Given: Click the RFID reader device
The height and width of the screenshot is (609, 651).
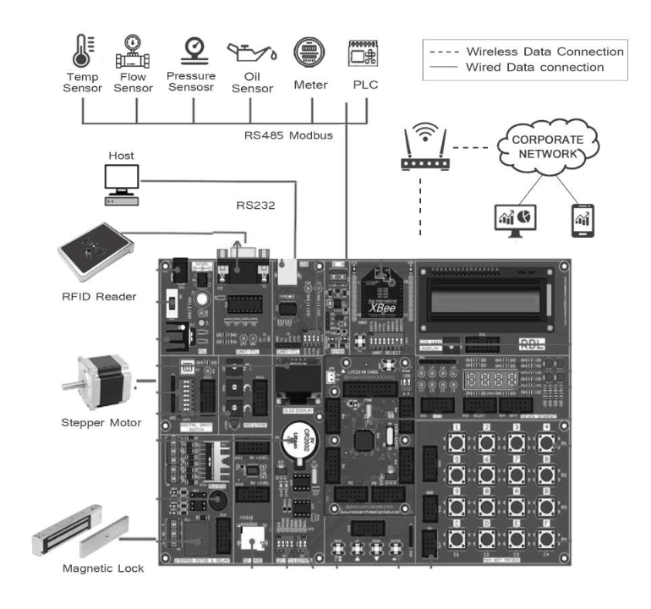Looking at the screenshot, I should pos(95,251).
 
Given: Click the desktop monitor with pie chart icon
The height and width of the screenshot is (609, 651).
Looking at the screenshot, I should pos(513,221).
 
